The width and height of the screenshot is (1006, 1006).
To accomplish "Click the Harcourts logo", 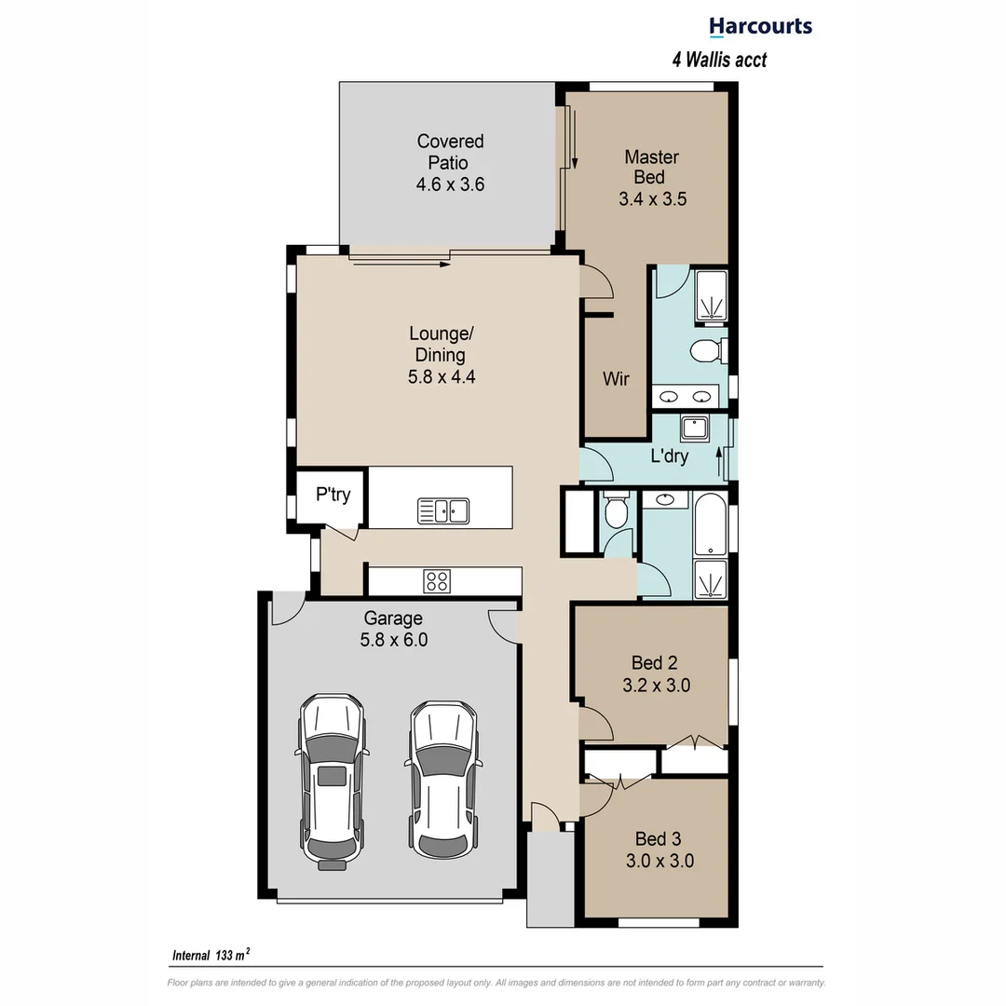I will point(760,27).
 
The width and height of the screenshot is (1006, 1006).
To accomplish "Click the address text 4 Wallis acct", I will point(719,60).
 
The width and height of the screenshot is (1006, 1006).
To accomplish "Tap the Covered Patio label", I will point(450,152).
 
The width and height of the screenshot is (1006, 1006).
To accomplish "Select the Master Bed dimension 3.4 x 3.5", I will point(652,198).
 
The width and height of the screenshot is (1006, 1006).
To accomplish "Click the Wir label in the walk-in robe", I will point(616,379).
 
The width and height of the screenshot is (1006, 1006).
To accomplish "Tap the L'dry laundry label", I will point(669,456).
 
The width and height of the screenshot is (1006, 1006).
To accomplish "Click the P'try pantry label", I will point(333,495).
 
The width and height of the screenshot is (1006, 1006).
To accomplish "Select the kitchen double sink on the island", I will point(443,510).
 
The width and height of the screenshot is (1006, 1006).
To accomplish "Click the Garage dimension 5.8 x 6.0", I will point(393,640).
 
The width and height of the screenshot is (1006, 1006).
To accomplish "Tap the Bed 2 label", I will point(654,663).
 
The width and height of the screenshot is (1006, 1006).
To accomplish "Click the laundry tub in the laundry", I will point(695,428).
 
